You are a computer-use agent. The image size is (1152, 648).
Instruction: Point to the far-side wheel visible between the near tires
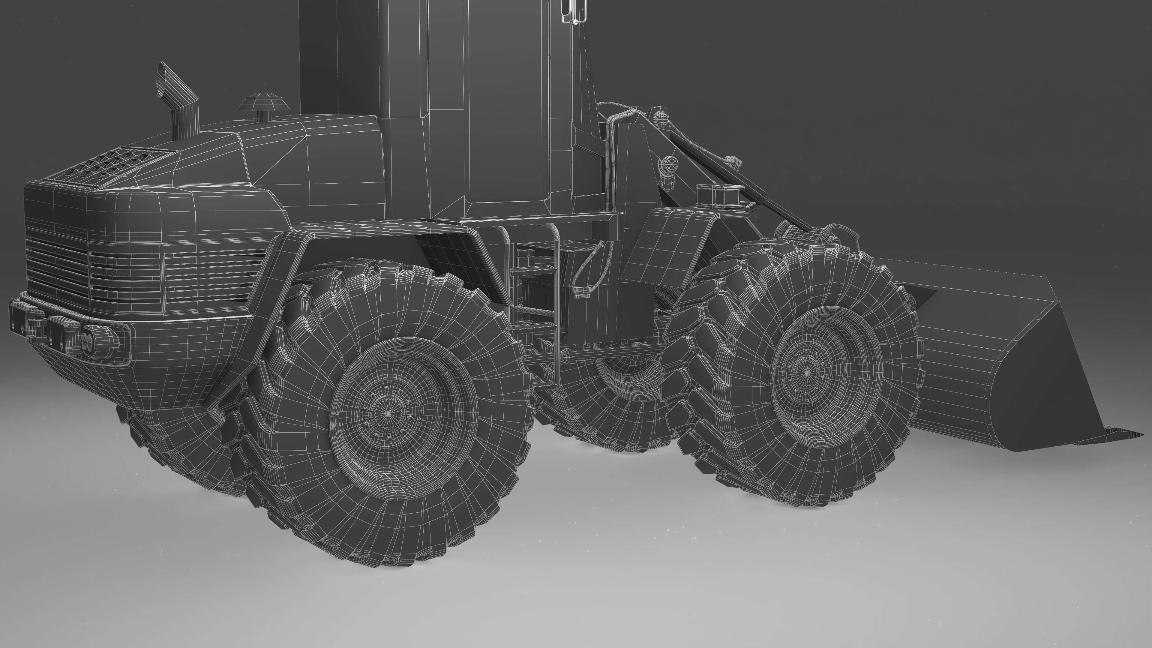(626, 394)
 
